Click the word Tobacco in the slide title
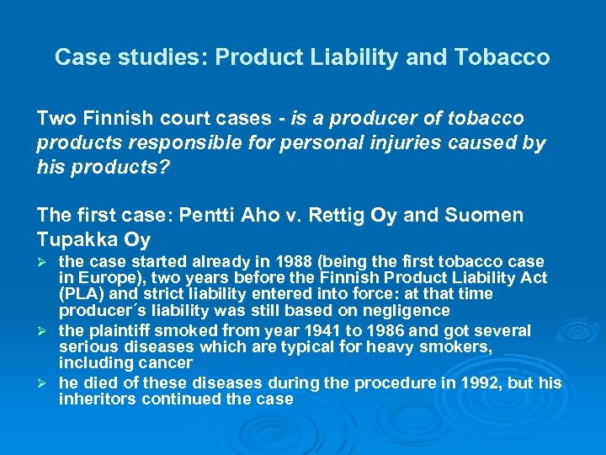502,57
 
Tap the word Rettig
327,215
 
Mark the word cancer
167,362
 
